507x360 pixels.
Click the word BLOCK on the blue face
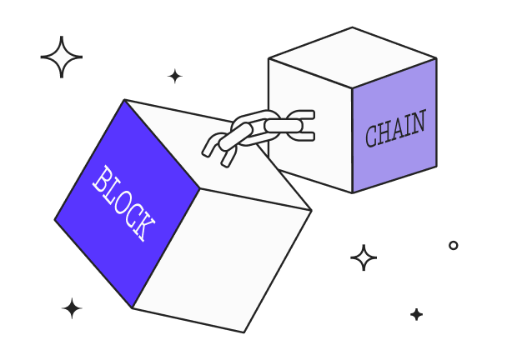pos(123,203)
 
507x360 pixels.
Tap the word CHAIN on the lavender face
pos(395,129)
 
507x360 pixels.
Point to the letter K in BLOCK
pos(144,229)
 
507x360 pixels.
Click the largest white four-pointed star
pos(61,57)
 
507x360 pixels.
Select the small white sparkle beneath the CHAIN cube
pos(364,257)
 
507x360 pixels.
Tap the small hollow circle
pos(454,245)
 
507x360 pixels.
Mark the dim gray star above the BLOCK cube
pos(174,76)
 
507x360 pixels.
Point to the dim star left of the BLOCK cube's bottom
pos(72,308)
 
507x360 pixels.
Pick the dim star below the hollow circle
pos(416,314)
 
